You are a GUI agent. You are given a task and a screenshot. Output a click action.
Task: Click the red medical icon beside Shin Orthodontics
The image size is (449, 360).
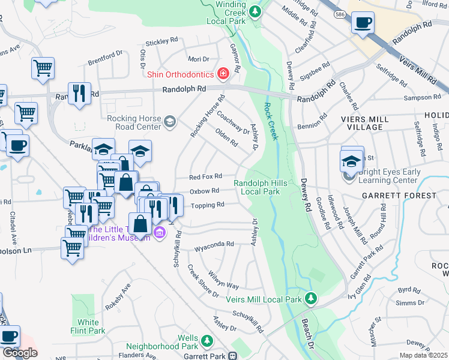click(223, 74)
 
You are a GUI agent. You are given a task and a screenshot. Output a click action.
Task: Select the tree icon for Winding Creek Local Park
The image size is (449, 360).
click(256, 11)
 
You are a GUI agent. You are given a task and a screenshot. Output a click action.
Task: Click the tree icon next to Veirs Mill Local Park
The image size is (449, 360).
click(310, 298)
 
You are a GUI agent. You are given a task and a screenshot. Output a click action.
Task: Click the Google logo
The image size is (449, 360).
click(20, 353)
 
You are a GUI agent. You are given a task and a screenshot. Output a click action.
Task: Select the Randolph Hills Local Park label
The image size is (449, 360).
click(256, 187)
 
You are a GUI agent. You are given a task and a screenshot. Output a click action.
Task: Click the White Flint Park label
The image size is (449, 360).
click(88, 326)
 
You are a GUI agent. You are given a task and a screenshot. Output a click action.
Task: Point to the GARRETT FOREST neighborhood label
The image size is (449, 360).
click(399, 196)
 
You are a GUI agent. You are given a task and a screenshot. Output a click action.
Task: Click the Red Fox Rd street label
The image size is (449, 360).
click(205, 176)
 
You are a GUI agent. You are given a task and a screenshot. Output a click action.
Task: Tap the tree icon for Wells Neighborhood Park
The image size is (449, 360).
click(206, 341)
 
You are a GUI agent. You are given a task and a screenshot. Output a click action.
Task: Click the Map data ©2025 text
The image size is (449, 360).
click(423, 355)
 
